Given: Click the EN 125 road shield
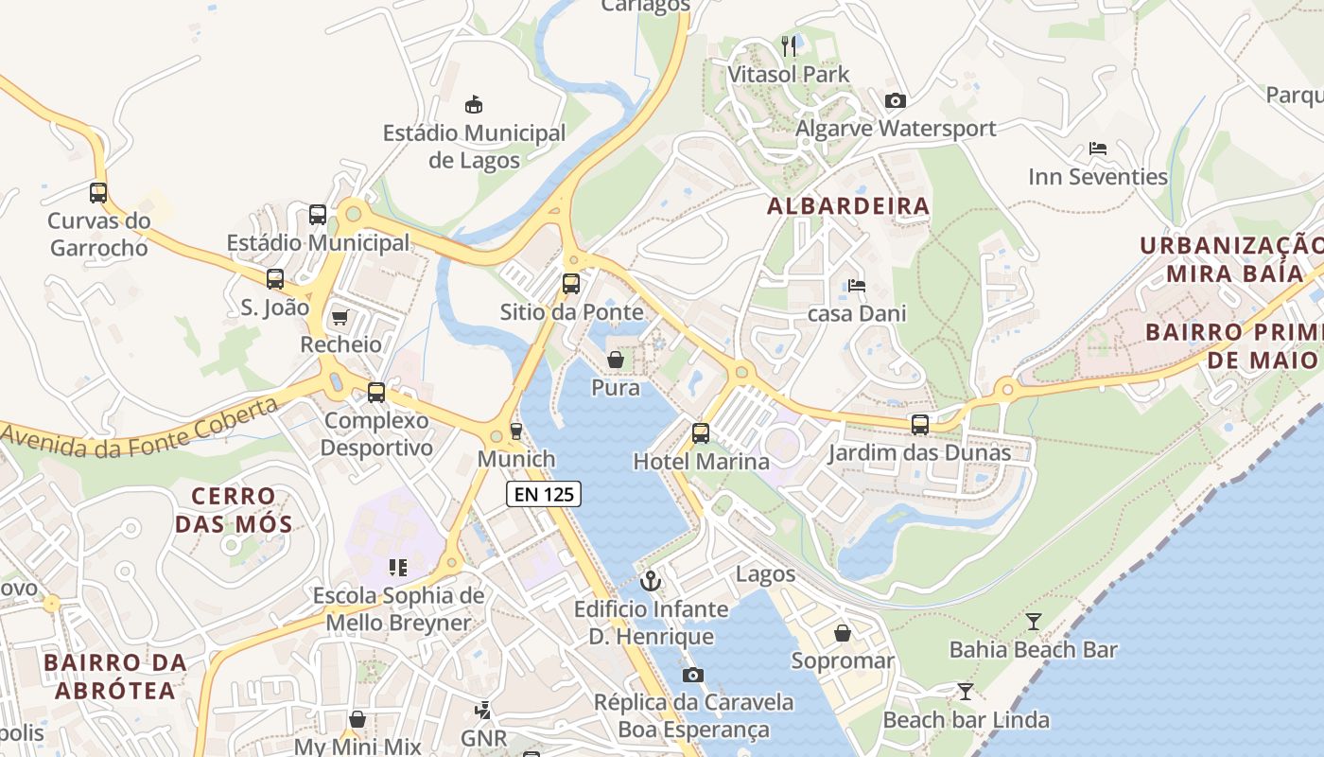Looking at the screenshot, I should pyautogui.click(x=544, y=493).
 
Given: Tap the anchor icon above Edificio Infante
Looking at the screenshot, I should pyautogui.click(x=650, y=580).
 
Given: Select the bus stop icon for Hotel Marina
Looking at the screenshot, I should pyautogui.click(x=700, y=433).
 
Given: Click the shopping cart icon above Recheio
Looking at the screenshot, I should pyautogui.click(x=340, y=317).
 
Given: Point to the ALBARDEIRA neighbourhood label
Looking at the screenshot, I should pyautogui.click(x=848, y=205).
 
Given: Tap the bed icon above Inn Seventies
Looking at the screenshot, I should pyautogui.click(x=1098, y=149).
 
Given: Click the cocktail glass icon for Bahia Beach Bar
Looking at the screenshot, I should pyautogui.click(x=1033, y=622).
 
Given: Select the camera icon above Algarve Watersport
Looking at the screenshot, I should pyautogui.click(x=895, y=100).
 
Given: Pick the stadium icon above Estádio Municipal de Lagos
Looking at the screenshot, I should pyautogui.click(x=474, y=104).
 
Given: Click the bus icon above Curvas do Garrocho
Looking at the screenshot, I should pyautogui.click(x=98, y=193).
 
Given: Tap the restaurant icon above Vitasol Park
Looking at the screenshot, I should pyautogui.click(x=789, y=45).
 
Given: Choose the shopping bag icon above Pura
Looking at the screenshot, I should pyautogui.click(x=615, y=360).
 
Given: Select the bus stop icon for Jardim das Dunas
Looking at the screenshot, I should pyautogui.click(x=919, y=425).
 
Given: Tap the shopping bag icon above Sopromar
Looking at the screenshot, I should pyautogui.click(x=842, y=632).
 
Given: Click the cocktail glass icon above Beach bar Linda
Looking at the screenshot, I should pyautogui.click(x=965, y=692).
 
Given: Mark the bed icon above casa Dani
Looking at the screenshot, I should pyautogui.click(x=857, y=285).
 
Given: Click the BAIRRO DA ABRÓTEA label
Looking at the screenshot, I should pyautogui.click(x=115, y=676).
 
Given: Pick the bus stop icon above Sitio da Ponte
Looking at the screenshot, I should pyautogui.click(x=571, y=283).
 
